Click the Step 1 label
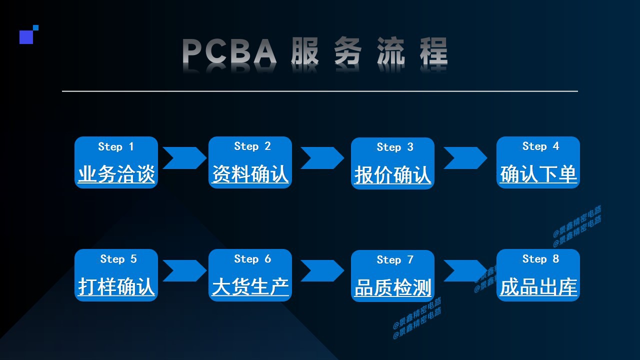click(x=116, y=146)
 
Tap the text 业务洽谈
click(x=116, y=174)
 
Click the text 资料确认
click(x=250, y=174)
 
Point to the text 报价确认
click(x=392, y=175)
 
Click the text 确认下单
click(x=538, y=174)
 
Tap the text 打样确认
click(x=116, y=287)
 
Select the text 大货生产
click(x=250, y=287)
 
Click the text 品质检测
click(x=392, y=288)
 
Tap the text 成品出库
click(x=538, y=287)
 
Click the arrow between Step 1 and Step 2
click(x=184, y=158)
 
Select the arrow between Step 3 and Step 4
click(x=464, y=158)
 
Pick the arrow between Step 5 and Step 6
click(x=184, y=270)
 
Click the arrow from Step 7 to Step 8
click(x=464, y=270)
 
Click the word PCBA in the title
click(x=229, y=51)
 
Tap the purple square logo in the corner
click(x=26, y=36)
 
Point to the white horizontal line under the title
click(x=320, y=91)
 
